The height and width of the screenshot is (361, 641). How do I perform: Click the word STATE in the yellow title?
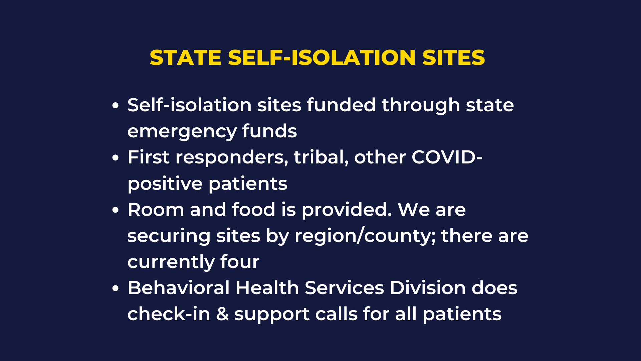[x=186, y=57]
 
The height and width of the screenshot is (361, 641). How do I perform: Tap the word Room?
[x=156, y=210]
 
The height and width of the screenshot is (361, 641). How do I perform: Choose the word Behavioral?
[x=179, y=288]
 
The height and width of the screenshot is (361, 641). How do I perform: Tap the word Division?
[x=428, y=288]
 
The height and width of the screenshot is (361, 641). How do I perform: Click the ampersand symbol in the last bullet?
[x=222, y=314]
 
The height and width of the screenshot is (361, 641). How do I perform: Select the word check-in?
[x=169, y=314]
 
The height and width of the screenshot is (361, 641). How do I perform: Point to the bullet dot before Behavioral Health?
[x=116, y=288]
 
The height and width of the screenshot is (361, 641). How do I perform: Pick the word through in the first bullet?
[x=421, y=106]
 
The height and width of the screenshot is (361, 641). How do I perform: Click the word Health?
[x=267, y=288]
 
